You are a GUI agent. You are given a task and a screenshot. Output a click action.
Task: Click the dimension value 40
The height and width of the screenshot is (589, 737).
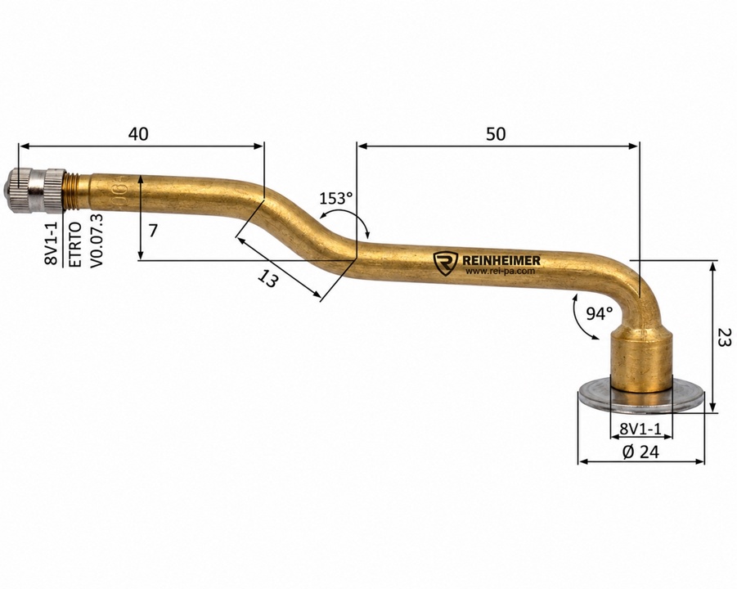138,134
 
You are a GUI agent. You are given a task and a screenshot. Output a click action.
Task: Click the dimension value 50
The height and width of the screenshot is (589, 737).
496,134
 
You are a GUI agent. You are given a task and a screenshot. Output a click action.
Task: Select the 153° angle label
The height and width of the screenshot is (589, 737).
336,198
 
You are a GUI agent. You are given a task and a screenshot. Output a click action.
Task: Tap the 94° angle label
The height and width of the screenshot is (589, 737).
600,313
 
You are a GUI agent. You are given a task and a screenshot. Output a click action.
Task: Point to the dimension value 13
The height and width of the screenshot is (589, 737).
268,280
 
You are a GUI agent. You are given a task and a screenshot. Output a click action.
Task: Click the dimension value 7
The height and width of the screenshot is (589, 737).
153,231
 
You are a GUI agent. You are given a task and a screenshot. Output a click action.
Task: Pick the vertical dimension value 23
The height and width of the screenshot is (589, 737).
724,336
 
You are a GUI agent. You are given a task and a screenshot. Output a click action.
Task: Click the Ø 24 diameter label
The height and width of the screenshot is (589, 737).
640,452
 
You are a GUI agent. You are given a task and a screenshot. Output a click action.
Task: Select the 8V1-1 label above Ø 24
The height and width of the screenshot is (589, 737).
640,429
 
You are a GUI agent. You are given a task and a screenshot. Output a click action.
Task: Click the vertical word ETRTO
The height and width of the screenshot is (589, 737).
75,245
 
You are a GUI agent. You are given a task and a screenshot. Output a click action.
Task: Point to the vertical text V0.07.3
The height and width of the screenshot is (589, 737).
97,241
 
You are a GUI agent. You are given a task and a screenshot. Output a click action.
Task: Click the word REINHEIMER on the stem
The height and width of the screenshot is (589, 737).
501,260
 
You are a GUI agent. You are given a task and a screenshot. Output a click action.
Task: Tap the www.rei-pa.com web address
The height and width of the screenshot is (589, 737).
500,272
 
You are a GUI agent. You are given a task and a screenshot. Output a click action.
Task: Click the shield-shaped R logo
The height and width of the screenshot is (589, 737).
445,263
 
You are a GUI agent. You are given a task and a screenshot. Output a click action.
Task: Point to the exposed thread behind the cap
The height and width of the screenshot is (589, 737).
69,191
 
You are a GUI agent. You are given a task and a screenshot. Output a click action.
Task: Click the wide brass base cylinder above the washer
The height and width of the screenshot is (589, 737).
641,360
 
